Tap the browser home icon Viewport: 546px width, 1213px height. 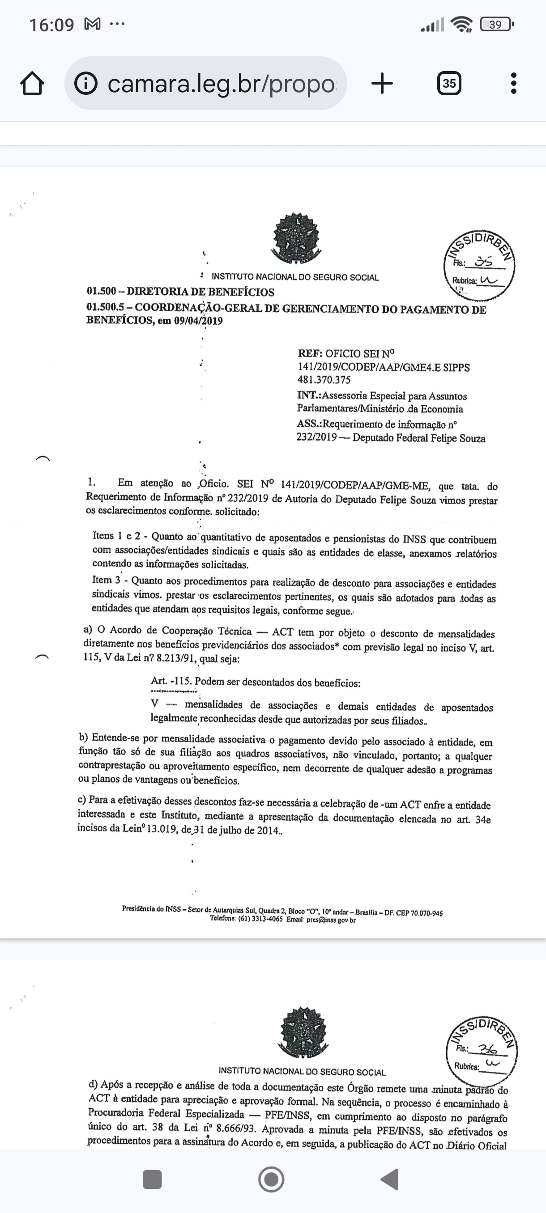[33, 84]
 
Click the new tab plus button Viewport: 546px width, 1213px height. [382, 83]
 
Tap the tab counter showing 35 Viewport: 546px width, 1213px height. [449, 83]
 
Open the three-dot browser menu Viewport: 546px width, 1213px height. [513, 83]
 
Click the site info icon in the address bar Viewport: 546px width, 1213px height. [86, 83]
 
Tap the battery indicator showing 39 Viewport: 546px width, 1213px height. [496, 24]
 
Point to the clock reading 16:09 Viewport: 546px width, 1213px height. [52, 25]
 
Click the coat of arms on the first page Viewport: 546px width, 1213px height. [295, 238]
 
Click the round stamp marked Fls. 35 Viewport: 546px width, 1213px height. [479, 266]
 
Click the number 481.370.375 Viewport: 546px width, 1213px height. [324, 380]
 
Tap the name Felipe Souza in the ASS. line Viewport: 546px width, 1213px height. [459, 438]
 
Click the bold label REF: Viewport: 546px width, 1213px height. [310, 353]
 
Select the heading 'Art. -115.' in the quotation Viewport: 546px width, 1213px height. [171, 681]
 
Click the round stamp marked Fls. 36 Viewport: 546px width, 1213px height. [482, 1052]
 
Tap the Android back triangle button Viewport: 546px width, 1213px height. [390, 1179]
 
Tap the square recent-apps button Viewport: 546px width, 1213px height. [152, 1179]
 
